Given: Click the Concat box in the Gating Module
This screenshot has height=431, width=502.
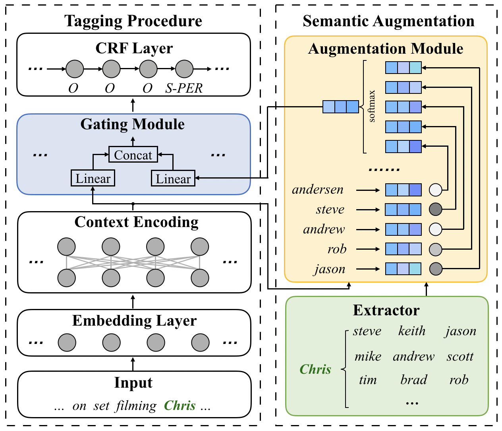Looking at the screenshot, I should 133,155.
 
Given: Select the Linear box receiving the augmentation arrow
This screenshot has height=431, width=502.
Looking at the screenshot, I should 173,179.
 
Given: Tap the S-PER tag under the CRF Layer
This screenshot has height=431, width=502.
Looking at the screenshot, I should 184,88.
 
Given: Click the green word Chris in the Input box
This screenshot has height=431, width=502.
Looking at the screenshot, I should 180,406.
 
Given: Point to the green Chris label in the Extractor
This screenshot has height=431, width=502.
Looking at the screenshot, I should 315,369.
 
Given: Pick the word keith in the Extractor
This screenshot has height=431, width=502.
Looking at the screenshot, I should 412,331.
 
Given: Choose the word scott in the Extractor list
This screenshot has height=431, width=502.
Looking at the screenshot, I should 460,356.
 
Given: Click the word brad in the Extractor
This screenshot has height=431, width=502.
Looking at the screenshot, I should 413,380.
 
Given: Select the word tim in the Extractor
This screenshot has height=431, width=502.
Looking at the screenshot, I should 368,380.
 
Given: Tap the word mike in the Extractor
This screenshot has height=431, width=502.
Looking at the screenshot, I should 368,356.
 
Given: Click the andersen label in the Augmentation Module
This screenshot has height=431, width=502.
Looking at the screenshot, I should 318,190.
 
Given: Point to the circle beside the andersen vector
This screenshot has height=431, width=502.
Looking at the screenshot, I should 436,190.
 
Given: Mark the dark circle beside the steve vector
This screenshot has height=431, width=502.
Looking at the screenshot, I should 436,210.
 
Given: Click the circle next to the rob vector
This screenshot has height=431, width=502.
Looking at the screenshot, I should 436,249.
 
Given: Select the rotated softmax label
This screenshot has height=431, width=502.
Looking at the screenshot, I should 372,106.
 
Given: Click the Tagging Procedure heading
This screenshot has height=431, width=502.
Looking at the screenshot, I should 133,21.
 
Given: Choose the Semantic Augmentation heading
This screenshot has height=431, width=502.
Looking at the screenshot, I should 388,21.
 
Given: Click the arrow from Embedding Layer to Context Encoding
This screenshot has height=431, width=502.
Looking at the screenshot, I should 133,301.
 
